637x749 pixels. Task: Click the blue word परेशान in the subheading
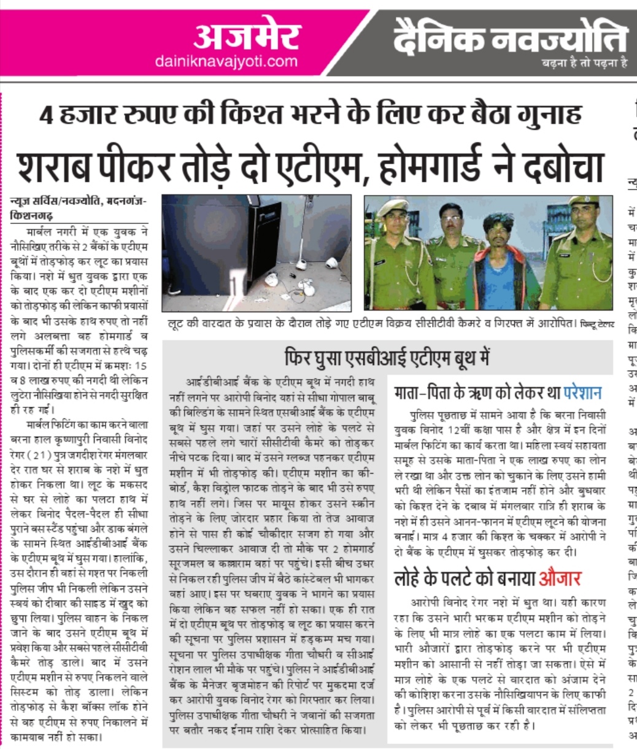click(576, 393)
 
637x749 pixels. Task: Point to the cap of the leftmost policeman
click(393, 207)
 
